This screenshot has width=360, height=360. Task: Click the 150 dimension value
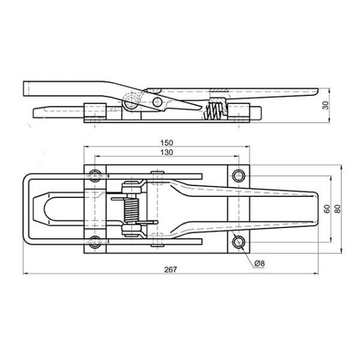166,143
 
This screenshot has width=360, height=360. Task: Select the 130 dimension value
166,152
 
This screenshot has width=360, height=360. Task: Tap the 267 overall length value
170,269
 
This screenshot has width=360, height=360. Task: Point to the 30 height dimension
326,106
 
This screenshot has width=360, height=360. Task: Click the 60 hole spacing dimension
327,209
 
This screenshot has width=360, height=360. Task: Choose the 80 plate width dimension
338,209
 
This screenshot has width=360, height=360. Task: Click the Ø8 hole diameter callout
260,263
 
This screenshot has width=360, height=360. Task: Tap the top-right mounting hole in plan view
239,176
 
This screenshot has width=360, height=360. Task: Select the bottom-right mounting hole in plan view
239,242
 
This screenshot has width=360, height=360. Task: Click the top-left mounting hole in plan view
95,176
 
